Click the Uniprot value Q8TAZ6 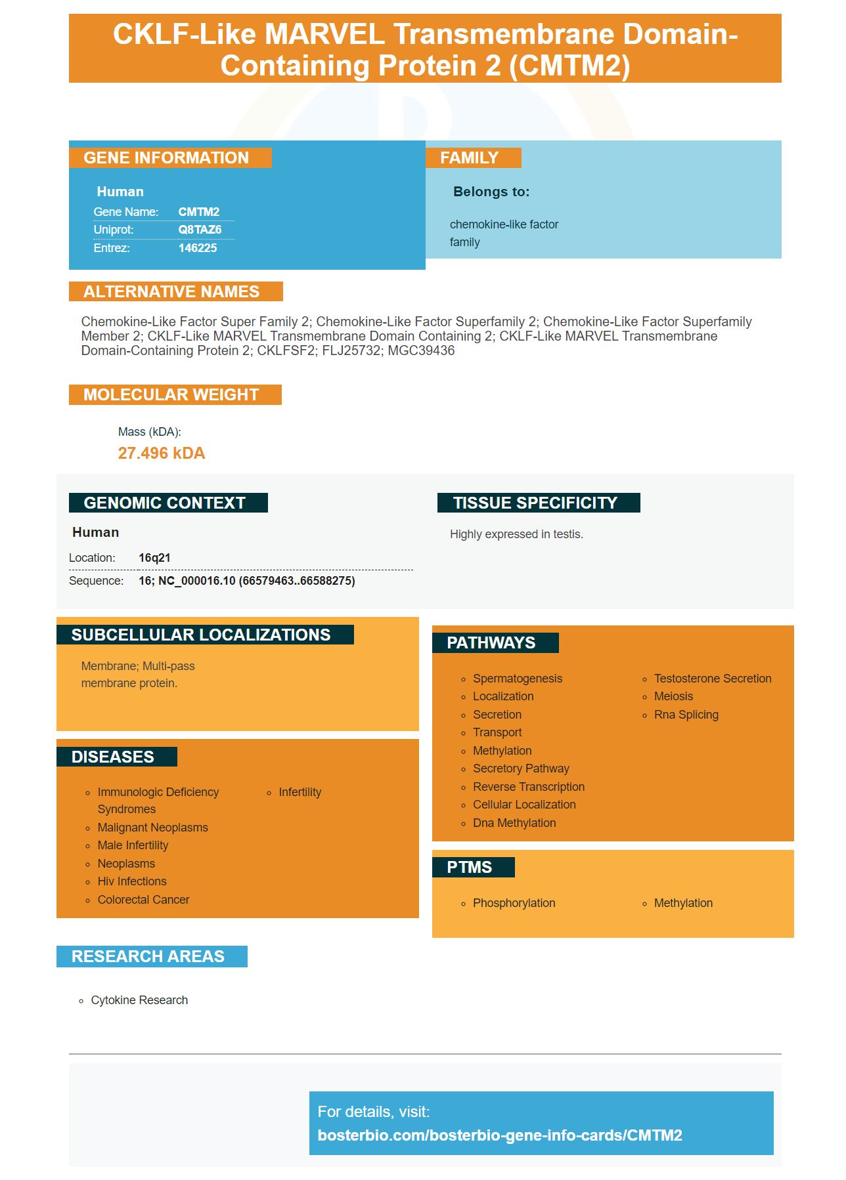(x=200, y=230)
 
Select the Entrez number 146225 (x=197, y=248)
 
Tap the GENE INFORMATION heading (x=166, y=158)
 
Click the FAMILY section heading (x=469, y=158)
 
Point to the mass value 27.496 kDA (x=162, y=453)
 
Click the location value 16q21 (x=154, y=558)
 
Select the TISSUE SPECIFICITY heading (x=535, y=503)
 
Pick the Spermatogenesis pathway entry (x=518, y=679)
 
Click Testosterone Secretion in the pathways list (x=713, y=679)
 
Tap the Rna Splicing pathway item (x=686, y=715)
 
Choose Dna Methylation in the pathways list (x=514, y=823)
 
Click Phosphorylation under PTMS (x=514, y=903)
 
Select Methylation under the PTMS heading (x=683, y=903)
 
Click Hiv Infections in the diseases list (x=132, y=881)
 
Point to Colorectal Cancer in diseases (x=143, y=900)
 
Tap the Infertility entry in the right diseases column (x=300, y=792)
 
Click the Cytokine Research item (x=139, y=1000)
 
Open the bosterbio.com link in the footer (x=500, y=1135)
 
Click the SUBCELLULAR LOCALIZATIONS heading (x=201, y=635)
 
